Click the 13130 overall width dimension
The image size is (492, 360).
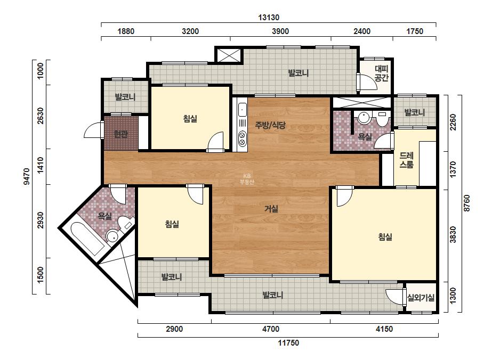pos(269,17)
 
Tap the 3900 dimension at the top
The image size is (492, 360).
pos(280,31)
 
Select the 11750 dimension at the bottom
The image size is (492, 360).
pos(288,343)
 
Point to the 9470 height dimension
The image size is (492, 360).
pos(27,177)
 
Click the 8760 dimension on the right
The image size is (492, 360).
pos(466,203)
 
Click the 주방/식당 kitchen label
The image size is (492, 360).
pos(270,126)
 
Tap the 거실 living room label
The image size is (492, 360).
pos(271,209)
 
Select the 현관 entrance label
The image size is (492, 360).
pos(120,134)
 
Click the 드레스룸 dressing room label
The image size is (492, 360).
pos(406,160)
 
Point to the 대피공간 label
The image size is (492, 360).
pos(382,73)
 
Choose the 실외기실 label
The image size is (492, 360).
pos(421,298)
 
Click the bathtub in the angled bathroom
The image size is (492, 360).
pos(87,239)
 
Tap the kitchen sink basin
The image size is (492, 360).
pos(242,110)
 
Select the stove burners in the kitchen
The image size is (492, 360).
pos(242,139)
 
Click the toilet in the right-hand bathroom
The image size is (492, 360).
pos(382,119)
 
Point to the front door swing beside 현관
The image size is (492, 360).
pos(93,130)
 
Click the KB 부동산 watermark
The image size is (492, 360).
pos(246,179)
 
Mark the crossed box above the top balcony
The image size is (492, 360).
pos(228,54)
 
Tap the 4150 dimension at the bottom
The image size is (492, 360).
pos(384,329)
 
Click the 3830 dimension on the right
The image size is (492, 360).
pos(453,234)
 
